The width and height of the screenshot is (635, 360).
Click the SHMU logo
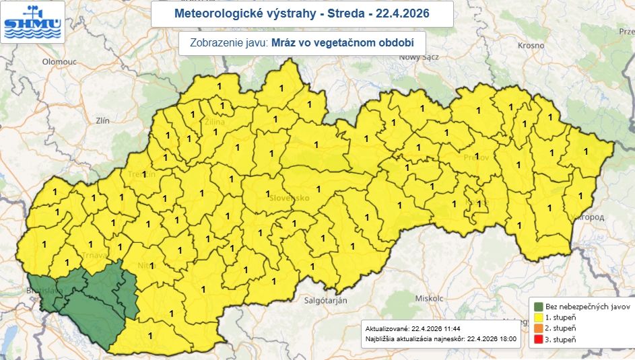pyautogui.click(x=33, y=22)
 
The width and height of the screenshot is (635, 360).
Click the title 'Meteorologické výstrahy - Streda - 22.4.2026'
pyautogui.click(x=301, y=13)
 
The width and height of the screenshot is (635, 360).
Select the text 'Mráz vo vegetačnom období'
pyautogui.click(x=341, y=42)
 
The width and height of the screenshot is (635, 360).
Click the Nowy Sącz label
pyautogui.click(x=418, y=57)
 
